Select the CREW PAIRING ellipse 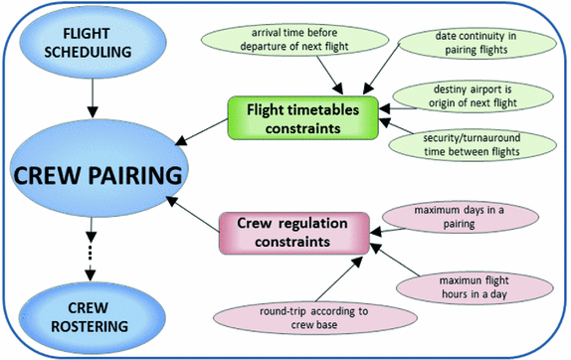pyautogui.click(x=95, y=177)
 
